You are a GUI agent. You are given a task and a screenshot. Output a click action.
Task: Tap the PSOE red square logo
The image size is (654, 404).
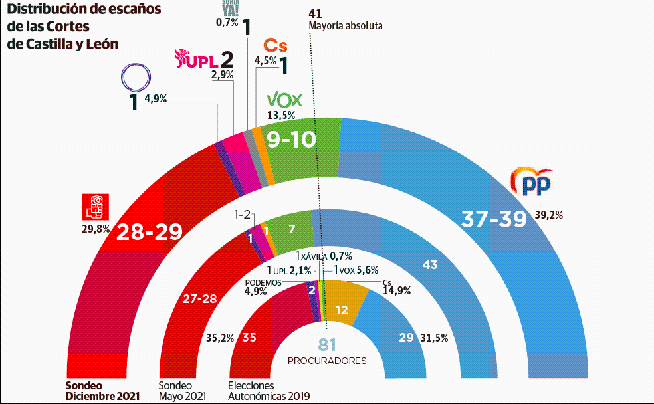tap(96, 207)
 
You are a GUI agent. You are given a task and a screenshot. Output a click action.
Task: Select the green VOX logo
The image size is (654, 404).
tap(284, 100)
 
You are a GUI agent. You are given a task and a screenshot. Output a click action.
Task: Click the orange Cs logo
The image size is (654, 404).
tap(275, 46)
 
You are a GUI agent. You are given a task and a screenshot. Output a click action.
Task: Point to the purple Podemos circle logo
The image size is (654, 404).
tap(136, 77)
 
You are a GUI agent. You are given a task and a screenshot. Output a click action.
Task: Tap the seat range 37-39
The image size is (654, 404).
tap(494, 219)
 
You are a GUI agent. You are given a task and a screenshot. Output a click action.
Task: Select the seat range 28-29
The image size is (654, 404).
tap(149, 232)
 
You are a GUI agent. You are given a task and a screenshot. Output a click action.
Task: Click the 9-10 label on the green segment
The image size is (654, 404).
tap(291, 140)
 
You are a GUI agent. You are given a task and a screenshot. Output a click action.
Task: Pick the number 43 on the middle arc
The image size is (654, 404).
tap(430, 265)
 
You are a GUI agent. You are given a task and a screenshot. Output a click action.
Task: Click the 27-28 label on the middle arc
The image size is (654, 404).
tap(200, 299)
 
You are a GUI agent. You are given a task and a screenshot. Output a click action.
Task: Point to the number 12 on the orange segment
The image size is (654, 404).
tap(342, 310)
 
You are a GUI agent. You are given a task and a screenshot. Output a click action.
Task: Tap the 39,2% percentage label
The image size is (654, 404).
tap(549, 215)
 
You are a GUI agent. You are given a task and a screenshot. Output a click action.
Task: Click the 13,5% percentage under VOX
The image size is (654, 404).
tap(281, 115)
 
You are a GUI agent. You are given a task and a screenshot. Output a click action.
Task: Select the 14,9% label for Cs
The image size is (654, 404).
tap(397, 291)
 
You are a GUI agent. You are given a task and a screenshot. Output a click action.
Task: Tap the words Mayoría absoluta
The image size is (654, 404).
tap(346, 26)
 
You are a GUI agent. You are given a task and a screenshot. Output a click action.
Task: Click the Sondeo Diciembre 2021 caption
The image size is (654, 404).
tap(102, 391)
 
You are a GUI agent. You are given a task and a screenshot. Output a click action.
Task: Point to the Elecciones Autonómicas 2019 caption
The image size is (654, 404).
tap(269, 391)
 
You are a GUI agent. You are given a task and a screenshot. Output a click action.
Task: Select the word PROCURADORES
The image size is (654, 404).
tap(327, 361)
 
